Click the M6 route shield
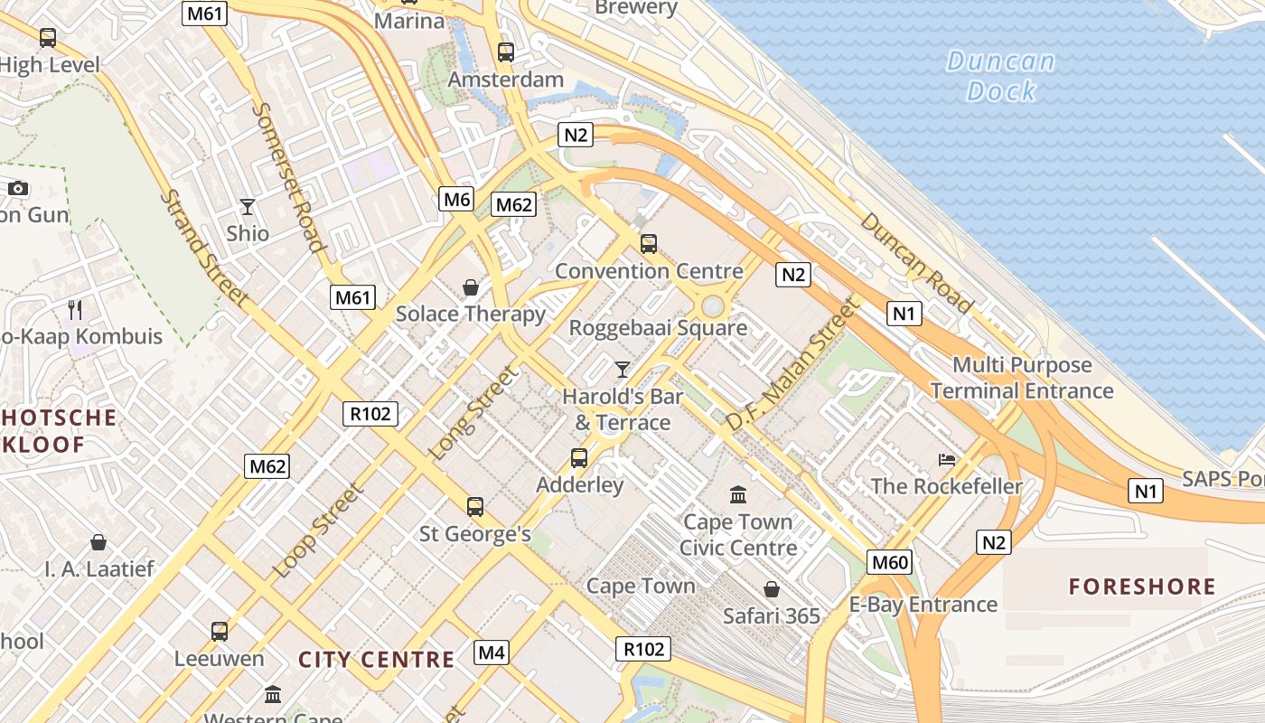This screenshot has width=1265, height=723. pyautogui.click(x=456, y=199)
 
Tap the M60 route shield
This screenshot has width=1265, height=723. pyautogui.click(x=889, y=562)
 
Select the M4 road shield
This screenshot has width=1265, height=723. pyautogui.click(x=491, y=652)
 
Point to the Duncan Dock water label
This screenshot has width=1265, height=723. pyautogui.click(x=1001, y=76)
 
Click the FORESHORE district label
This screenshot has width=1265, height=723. pyautogui.click(x=1142, y=587)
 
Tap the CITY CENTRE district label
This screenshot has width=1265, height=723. pyautogui.click(x=376, y=659)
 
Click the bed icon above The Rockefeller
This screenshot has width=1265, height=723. pyautogui.click(x=947, y=460)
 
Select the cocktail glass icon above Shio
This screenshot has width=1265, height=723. pyautogui.click(x=248, y=207)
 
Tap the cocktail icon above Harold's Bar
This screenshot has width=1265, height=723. pyautogui.click(x=622, y=369)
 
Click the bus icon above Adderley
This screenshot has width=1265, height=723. pyautogui.click(x=579, y=458)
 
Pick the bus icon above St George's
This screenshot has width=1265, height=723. pyautogui.click(x=475, y=507)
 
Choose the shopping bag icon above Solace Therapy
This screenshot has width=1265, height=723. pyautogui.click(x=471, y=287)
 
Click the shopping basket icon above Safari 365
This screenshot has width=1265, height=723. pyautogui.click(x=772, y=590)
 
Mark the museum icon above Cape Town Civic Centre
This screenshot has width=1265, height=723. pyautogui.click(x=738, y=494)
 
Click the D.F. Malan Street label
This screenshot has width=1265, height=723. pyautogui.click(x=792, y=365)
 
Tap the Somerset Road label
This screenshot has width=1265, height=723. pyautogui.click(x=287, y=176)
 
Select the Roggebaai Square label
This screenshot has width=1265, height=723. pyautogui.click(x=658, y=328)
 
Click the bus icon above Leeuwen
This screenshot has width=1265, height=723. pyautogui.click(x=220, y=632)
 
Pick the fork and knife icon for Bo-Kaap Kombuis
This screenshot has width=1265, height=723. pyautogui.click(x=75, y=310)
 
